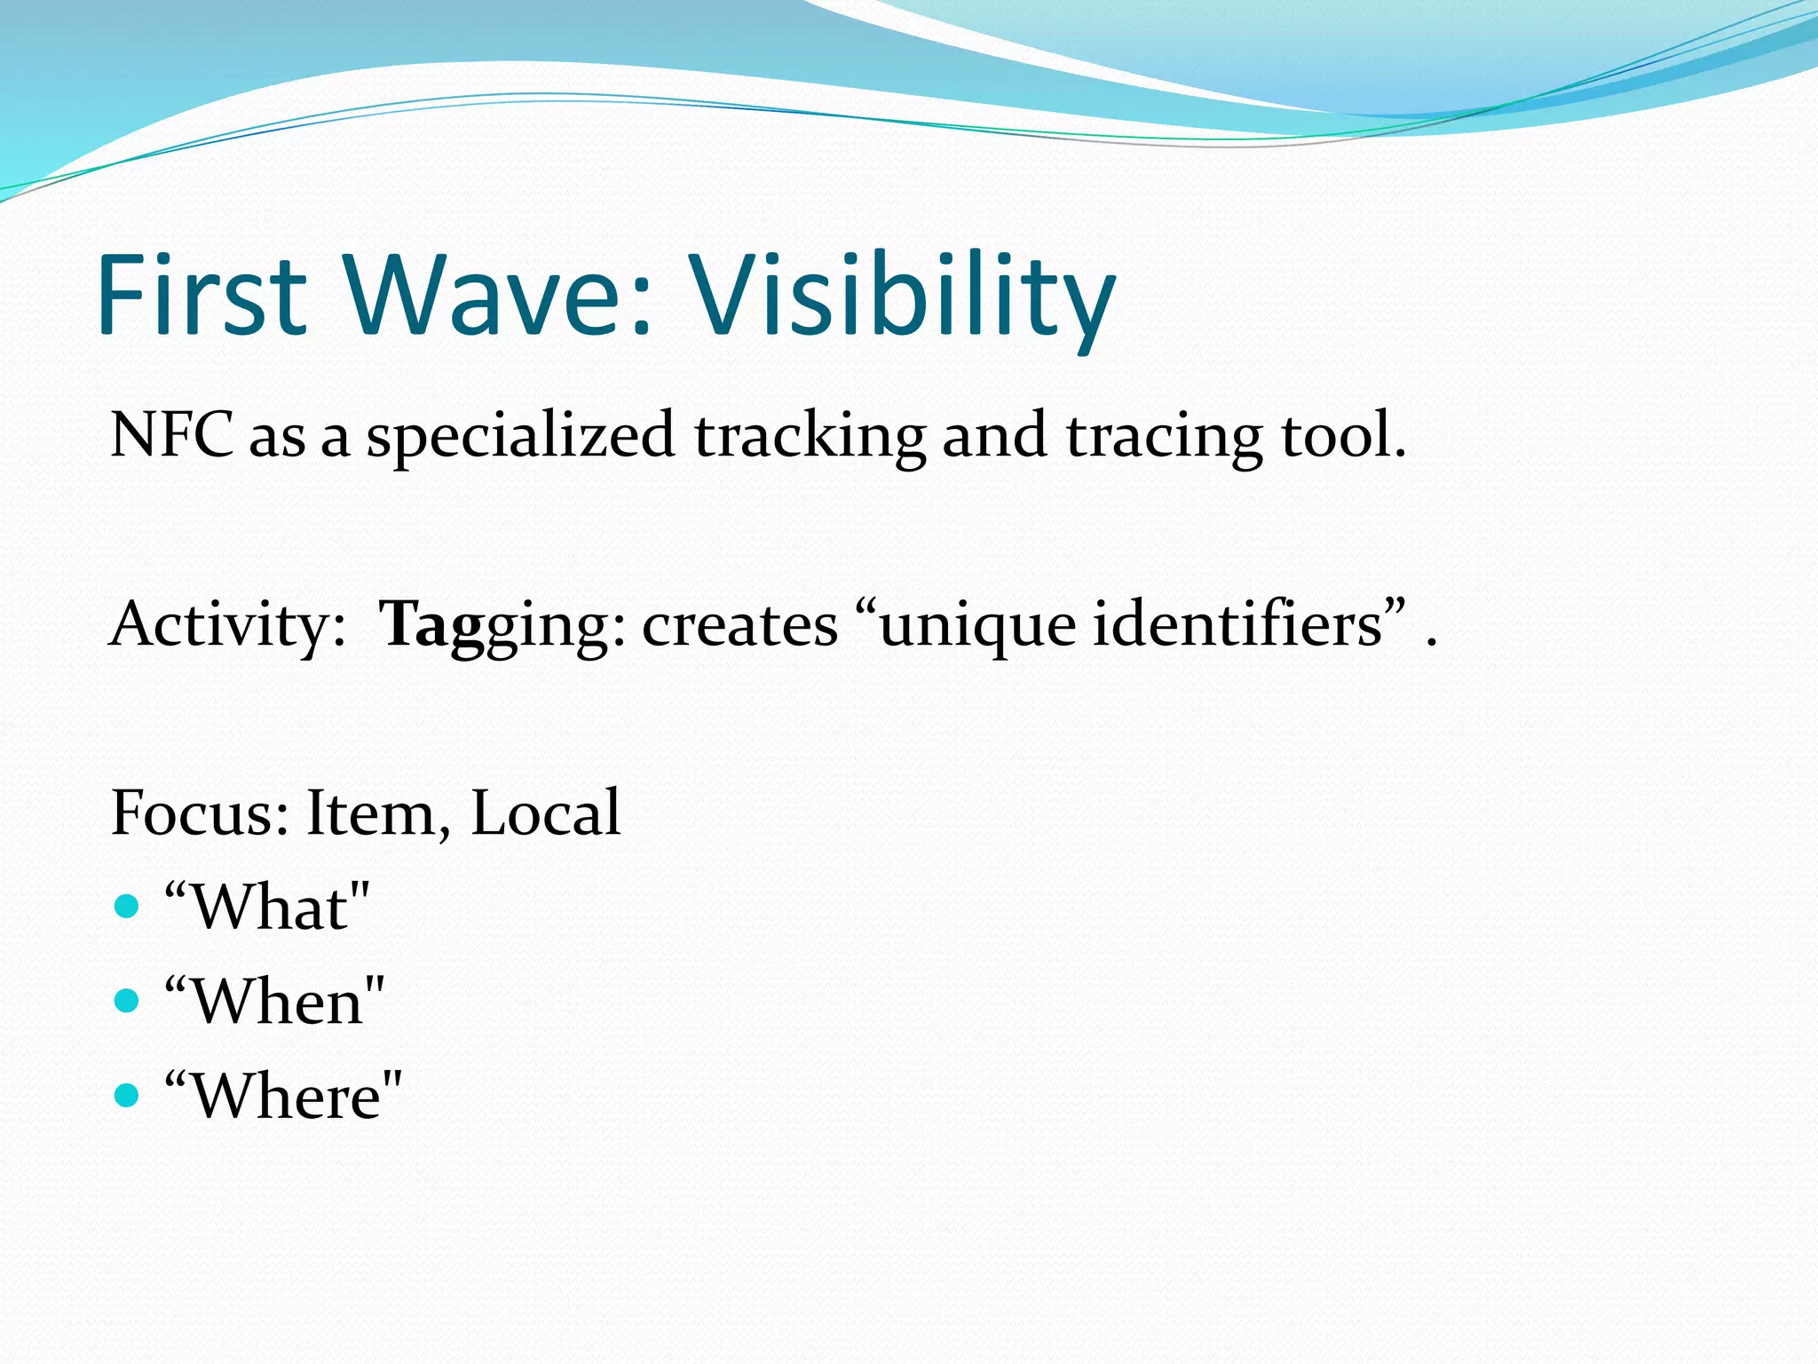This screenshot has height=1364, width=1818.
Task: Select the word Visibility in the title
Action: click(901, 297)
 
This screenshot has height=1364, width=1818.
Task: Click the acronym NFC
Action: click(171, 435)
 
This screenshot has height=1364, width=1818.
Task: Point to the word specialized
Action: click(520, 437)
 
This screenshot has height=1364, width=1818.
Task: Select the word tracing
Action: click(1164, 437)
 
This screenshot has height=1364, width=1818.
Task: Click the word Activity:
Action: click(227, 624)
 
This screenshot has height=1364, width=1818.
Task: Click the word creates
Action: click(739, 624)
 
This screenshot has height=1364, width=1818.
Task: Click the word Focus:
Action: click(200, 813)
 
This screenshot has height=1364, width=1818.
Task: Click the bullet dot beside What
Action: click(128, 907)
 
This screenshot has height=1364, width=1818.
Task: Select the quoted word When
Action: click(276, 1002)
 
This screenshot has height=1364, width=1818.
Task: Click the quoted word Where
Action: click(284, 1096)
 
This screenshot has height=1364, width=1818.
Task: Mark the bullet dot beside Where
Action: click(128, 1095)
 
